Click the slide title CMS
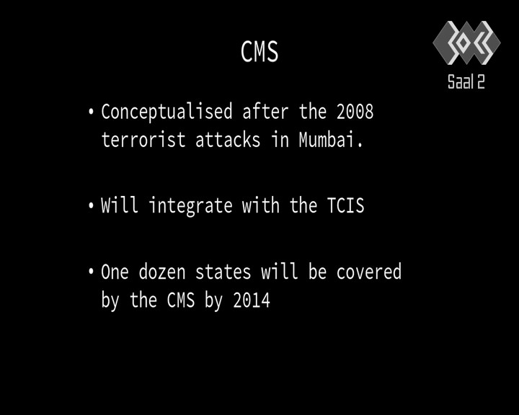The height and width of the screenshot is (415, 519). [x=259, y=52]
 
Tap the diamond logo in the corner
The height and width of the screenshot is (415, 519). [x=466, y=43]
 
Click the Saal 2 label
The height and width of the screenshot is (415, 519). [x=466, y=81]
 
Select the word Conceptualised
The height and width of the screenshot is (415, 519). [x=167, y=112]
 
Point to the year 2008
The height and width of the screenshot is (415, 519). [x=355, y=112]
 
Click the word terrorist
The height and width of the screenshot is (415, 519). [x=143, y=139]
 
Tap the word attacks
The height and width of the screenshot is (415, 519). [x=228, y=139]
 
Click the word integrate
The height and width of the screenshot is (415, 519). [x=190, y=206]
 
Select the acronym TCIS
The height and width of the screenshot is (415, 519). [x=345, y=205]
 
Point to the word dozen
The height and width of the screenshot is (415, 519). [x=162, y=272]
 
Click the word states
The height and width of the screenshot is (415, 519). [x=223, y=272]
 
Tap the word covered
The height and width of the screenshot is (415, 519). [x=369, y=272]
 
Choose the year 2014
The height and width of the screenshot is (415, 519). [x=252, y=300]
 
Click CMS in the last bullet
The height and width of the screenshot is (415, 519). [x=181, y=300]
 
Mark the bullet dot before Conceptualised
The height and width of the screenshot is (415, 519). [x=91, y=112]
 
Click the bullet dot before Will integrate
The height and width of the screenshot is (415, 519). [x=91, y=205]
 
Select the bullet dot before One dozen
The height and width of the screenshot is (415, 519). [x=91, y=272]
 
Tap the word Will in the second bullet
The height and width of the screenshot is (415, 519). [x=120, y=205]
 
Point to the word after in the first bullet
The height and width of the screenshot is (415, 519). [x=265, y=112]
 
